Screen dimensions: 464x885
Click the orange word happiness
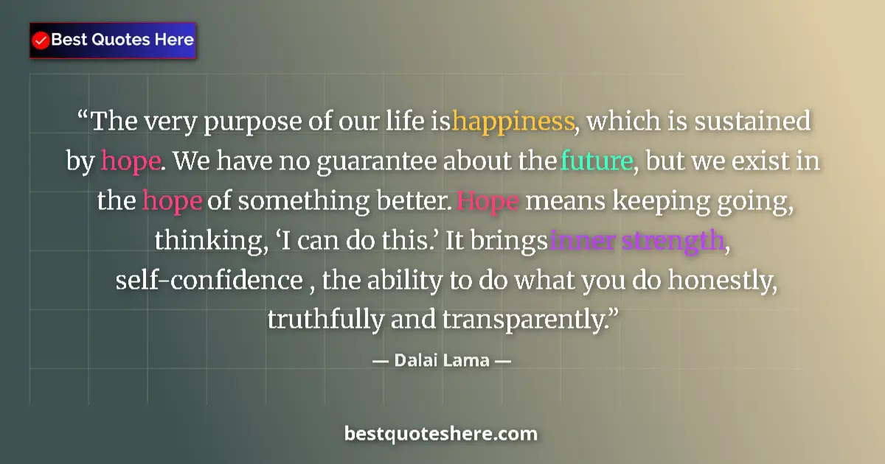513,122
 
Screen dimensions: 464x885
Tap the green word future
597,161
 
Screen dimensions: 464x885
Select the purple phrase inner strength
636,241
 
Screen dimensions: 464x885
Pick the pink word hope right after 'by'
130,161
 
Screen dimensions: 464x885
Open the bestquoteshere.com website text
441,434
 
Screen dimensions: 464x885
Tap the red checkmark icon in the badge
41,40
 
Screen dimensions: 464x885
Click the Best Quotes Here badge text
122,40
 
